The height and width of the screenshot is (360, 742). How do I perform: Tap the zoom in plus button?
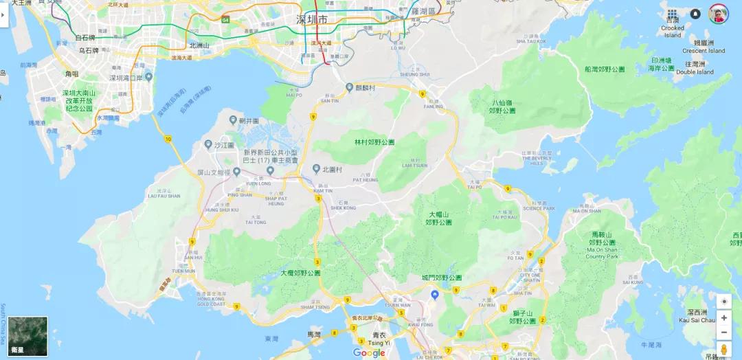[723, 318]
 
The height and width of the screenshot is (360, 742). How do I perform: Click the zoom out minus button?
[723, 333]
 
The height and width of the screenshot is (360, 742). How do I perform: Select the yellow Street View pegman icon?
[723, 350]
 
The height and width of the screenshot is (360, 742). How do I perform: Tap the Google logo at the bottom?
[369, 353]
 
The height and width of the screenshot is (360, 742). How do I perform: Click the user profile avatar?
[718, 14]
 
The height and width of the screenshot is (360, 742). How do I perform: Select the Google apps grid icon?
[672, 14]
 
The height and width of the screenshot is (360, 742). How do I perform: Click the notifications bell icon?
[695, 14]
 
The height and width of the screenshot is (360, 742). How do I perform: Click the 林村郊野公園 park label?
[374, 142]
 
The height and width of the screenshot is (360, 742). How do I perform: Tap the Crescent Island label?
[704, 50]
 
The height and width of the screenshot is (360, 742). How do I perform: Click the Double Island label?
[695, 71]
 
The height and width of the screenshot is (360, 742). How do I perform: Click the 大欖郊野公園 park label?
[300, 273]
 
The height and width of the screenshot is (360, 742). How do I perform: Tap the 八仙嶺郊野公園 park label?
[503, 106]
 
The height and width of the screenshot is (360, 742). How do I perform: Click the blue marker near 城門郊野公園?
[434, 295]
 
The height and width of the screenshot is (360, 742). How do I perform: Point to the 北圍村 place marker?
[316, 169]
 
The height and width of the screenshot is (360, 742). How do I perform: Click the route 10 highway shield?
[168, 139]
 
